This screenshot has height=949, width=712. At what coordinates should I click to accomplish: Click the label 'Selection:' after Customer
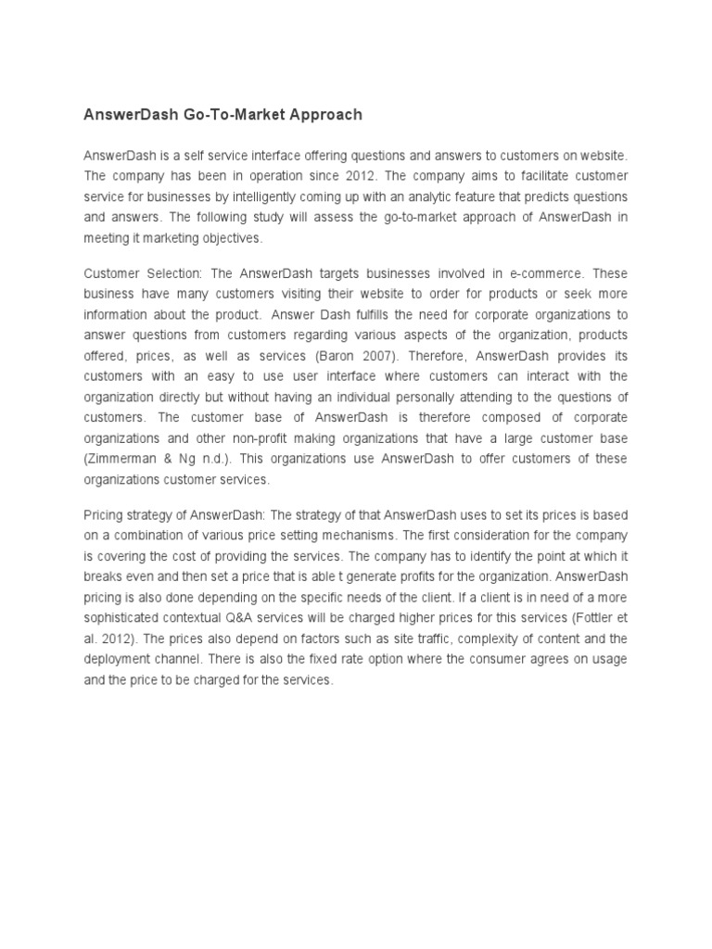(x=173, y=273)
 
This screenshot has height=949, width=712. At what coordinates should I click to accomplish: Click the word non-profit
(x=257, y=438)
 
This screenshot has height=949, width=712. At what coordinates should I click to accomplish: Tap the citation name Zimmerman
(x=118, y=459)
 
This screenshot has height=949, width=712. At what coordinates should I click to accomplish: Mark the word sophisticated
(x=121, y=618)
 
